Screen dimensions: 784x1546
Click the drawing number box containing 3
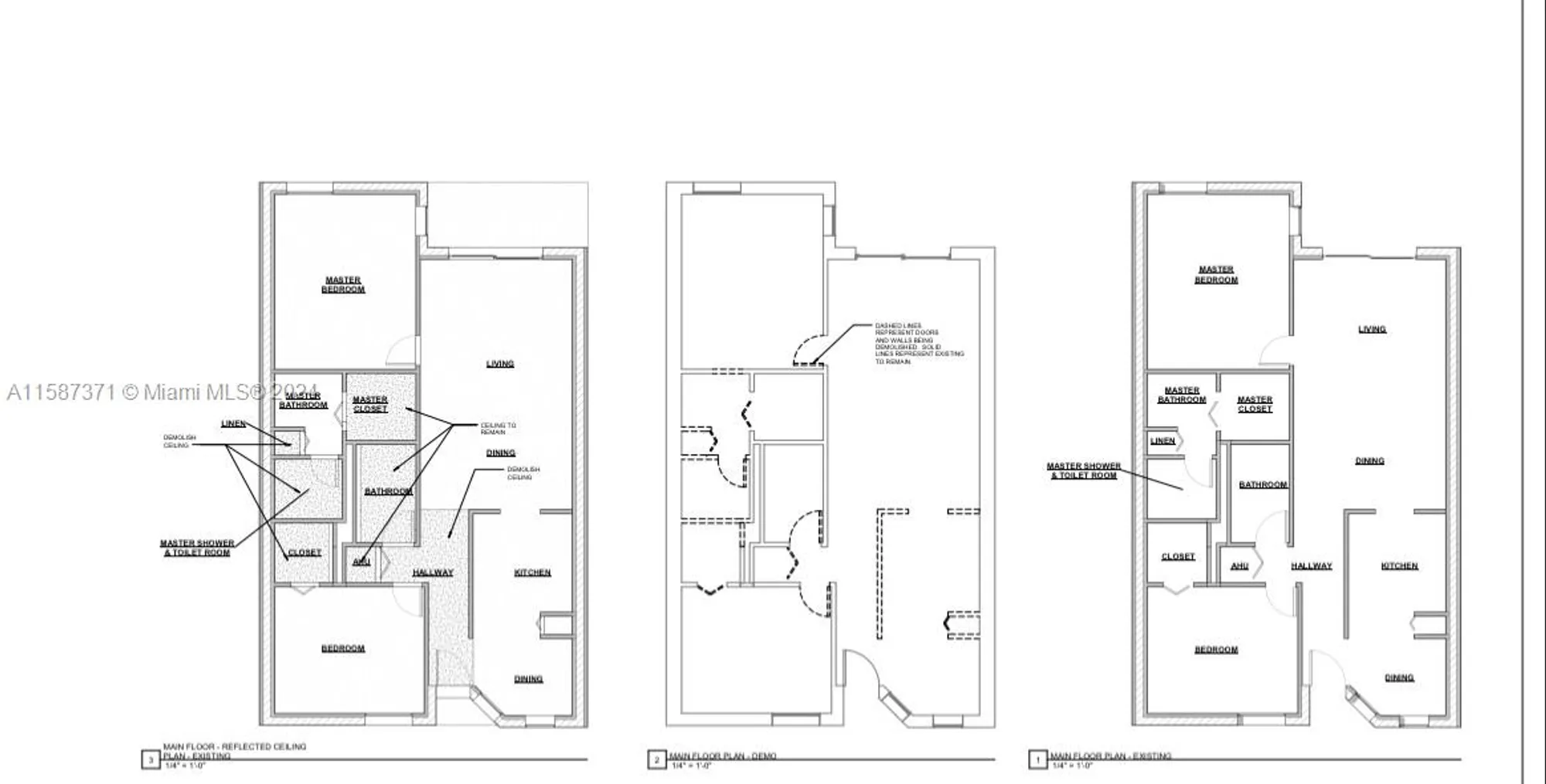pyautogui.click(x=150, y=760)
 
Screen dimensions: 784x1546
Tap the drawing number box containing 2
pyautogui.click(x=656, y=760)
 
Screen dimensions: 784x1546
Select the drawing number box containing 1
pyautogui.click(x=1037, y=760)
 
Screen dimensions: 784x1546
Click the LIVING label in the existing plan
pyautogui.click(x=1372, y=329)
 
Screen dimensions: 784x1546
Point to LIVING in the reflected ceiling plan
pyautogui.click(x=500, y=364)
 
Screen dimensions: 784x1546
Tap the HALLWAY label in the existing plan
pyautogui.click(x=1311, y=566)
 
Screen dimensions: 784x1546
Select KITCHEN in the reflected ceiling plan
pyautogui.click(x=533, y=572)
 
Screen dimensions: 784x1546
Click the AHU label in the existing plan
pyautogui.click(x=1239, y=566)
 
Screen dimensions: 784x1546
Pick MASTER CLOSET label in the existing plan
pyautogui.click(x=1255, y=404)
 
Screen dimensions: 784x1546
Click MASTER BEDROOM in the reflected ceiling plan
pyautogui.click(x=343, y=284)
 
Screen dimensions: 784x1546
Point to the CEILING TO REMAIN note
pyautogui.click(x=498, y=429)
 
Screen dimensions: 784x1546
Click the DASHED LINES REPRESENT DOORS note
pyautogui.click(x=918, y=344)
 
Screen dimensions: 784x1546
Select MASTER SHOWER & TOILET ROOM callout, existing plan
pyautogui.click(x=1084, y=470)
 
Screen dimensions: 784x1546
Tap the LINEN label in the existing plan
pyautogui.click(x=1163, y=441)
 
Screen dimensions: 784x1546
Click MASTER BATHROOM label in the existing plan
pyautogui.click(x=1182, y=395)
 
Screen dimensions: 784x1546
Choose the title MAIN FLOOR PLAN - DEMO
pyautogui.click(x=722, y=756)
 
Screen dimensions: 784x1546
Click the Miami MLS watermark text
pyautogui.click(x=162, y=392)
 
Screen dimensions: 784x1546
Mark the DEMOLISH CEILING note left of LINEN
pyautogui.click(x=179, y=441)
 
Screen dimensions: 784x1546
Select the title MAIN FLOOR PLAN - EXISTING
pyautogui.click(x=1110, y=756)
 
